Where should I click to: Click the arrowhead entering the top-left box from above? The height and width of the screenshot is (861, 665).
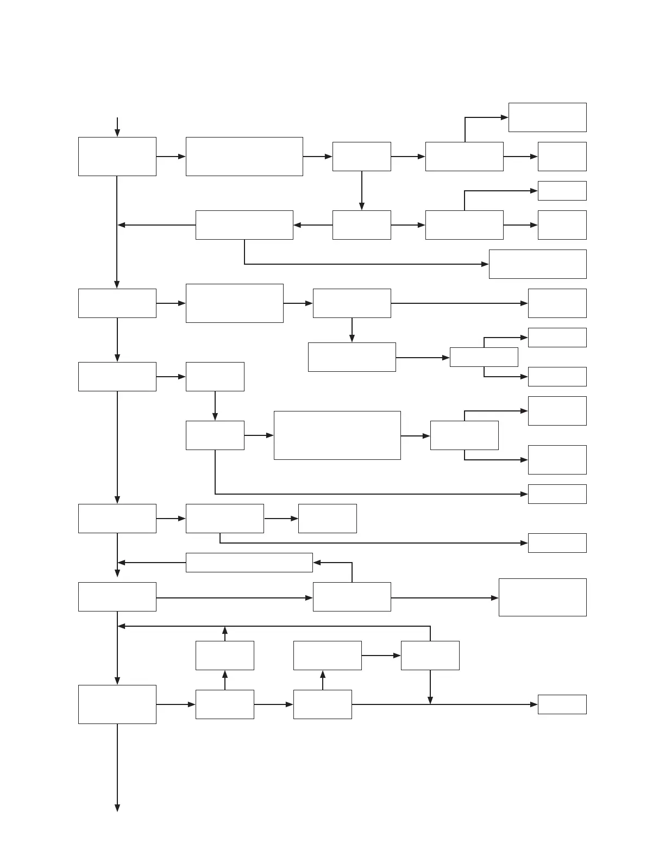pos(117,133)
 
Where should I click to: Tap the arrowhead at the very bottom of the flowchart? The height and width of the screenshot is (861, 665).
pos(117,808)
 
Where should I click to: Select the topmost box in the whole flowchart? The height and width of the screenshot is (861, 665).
pos(547,117)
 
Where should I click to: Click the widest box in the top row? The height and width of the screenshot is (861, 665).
pos(244,157)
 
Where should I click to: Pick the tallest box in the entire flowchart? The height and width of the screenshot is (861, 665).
pos(337,435)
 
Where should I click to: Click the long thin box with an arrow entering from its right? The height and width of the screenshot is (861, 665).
pos(249,563)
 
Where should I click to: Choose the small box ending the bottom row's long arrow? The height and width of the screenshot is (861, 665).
pos(562,704)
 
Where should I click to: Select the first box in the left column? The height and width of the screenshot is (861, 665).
pos(117,157)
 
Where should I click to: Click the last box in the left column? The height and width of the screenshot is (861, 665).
pos(117,704)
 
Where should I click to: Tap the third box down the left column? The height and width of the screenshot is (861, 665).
pos(117,377)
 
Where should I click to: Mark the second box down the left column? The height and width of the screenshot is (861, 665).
pos(117,303)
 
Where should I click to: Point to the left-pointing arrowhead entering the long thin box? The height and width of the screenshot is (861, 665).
pos(317,563)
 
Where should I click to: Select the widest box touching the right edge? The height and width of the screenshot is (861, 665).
pos(537,264)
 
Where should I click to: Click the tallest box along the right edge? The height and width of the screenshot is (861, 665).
pos(542,597)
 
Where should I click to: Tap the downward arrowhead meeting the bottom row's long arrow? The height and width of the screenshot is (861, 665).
pos(430,701)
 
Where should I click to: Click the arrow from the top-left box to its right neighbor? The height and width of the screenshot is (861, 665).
pos(171,157)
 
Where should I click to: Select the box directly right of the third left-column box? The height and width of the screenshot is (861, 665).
pos(215,377)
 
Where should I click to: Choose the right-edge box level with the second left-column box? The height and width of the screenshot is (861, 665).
pos(557,303)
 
